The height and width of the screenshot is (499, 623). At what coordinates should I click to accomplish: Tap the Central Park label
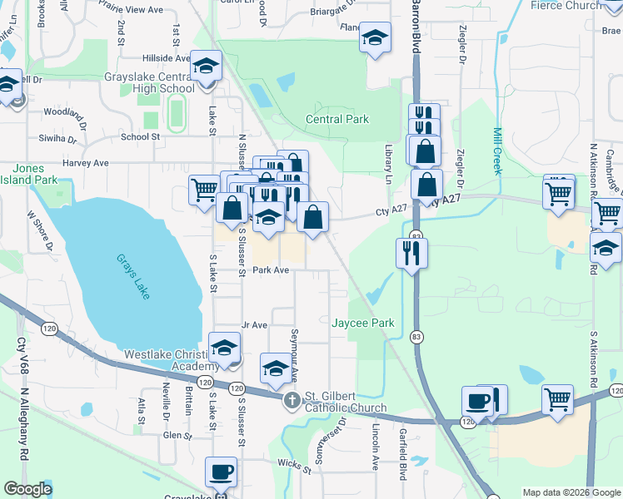click(337, 119)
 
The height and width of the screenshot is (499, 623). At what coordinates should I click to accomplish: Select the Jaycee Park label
click(362, 322)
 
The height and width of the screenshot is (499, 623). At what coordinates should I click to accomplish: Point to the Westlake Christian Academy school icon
click(224, 348)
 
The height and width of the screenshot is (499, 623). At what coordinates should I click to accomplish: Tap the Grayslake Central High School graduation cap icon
click(206, 65)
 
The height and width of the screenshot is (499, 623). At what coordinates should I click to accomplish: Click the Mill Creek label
click(498, 151)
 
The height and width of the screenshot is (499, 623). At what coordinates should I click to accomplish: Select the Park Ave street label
click(271, 270)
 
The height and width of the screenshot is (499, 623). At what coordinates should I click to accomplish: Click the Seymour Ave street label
click(294, 348)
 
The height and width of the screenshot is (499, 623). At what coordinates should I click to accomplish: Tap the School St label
click(140, 136)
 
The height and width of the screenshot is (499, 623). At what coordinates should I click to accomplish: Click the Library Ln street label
click(388, 163)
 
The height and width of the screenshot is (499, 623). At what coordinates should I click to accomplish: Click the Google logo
click(27, 489)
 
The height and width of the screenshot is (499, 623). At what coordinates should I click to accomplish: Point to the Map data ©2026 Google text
click(571, 492)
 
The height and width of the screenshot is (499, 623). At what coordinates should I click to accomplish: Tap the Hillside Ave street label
click(167, 58)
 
